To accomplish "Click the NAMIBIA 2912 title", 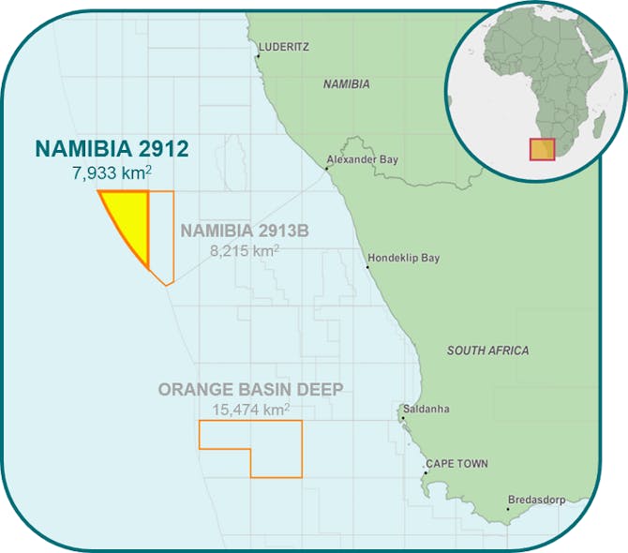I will tap(112, 148).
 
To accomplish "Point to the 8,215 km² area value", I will tap(247, 251).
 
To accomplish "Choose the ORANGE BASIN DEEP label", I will tap(250, 389).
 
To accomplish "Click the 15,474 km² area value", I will tap(250, 410).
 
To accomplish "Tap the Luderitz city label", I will tap(285, 46).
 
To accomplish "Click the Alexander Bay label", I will tap(363, 159).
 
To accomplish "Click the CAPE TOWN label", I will tap(456, 464).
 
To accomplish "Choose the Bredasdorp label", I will tap(536, 500).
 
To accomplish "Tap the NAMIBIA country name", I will tap(347, 84).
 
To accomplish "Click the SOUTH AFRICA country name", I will tap(487, 351).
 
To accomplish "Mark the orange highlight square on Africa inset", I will tap(543, 148).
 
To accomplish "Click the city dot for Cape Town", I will tap(425, 473).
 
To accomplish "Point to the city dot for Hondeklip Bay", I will tap(367, 267).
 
